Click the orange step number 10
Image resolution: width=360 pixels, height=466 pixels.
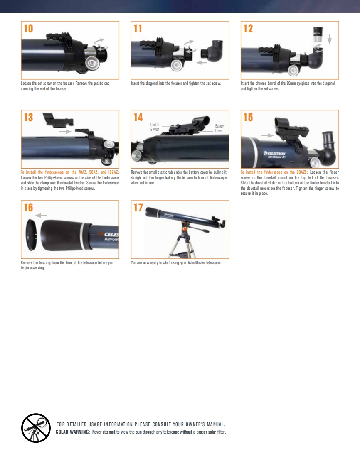click(29, 29)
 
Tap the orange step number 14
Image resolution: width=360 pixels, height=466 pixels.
click(138, 118)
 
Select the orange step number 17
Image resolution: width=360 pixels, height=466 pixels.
click(138, 207)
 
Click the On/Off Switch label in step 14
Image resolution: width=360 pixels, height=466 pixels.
click(155, 127)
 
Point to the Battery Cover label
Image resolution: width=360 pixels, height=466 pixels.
click(219, 128)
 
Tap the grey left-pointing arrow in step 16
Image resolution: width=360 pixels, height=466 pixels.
click(41, 216)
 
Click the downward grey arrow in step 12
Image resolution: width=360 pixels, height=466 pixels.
click(329, 39)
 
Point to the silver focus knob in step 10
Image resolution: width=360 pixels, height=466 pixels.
click(91, 63)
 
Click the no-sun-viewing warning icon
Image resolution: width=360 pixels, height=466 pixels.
click(36, 428)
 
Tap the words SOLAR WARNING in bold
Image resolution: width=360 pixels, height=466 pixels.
click(73, 432)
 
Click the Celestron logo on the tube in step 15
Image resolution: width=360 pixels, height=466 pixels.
click(275, 154)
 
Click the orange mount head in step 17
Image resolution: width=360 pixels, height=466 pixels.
click(185, 229)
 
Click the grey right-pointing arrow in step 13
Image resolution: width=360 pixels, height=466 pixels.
click(65, 131)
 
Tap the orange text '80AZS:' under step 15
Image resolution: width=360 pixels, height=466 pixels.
click(302, 172)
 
